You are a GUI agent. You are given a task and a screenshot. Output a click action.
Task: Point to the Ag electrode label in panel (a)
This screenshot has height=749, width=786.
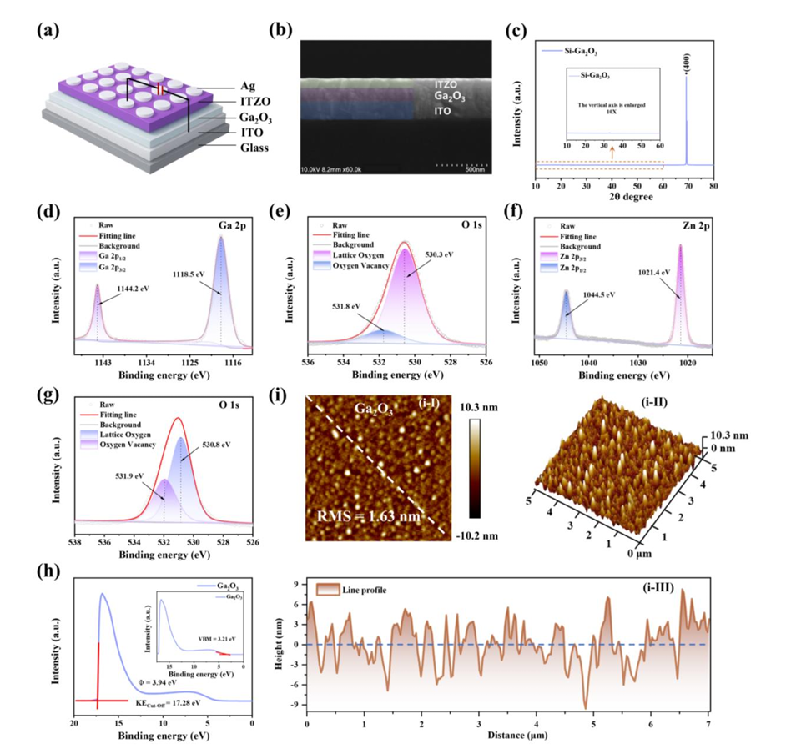[x=222, y=86]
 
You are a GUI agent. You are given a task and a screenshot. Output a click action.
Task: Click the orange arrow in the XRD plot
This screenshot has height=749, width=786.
[x=613, y=152]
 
